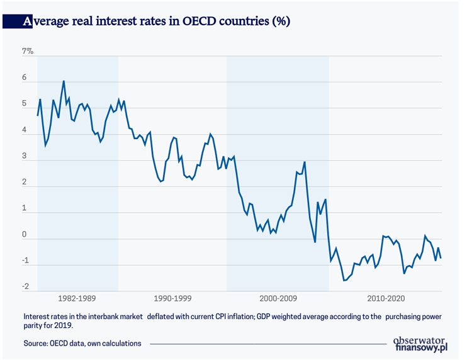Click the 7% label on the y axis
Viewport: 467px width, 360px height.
click(28, 51)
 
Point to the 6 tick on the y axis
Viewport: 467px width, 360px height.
click(25, 79)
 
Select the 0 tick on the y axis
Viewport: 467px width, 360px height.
click(25, 235)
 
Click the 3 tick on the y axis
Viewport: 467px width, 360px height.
click(25, 157)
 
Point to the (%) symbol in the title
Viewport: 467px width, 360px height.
click(279, 21)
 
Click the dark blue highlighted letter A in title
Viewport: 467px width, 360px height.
click(27, 21)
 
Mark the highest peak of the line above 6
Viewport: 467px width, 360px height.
click(64, 81)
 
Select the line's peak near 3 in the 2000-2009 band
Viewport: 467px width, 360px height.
click(305, 162)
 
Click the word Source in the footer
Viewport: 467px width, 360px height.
click(37, 343)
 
